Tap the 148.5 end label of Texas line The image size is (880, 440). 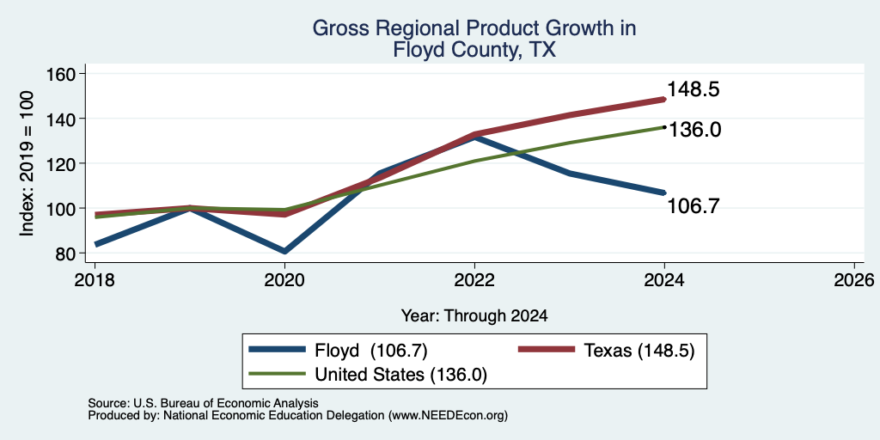click(694, 89)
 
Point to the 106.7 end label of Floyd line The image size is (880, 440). click(694, 206)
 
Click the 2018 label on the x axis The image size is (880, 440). click(95, 279)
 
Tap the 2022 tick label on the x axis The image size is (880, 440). click(474, 279)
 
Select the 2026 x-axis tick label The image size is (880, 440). click(855, 279)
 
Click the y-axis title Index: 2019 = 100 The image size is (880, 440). click(27, 164)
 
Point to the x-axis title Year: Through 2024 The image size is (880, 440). click(474, 316)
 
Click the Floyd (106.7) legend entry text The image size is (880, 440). click(370, 351)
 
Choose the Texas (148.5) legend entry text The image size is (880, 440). click(639, 351)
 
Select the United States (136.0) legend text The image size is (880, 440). click(400, 375)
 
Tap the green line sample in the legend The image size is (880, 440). click(278, 374)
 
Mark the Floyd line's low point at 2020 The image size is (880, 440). click(285, 251)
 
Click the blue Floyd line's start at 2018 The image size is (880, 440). click(96, 244)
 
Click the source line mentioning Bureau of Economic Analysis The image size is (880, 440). click(203, 403)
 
